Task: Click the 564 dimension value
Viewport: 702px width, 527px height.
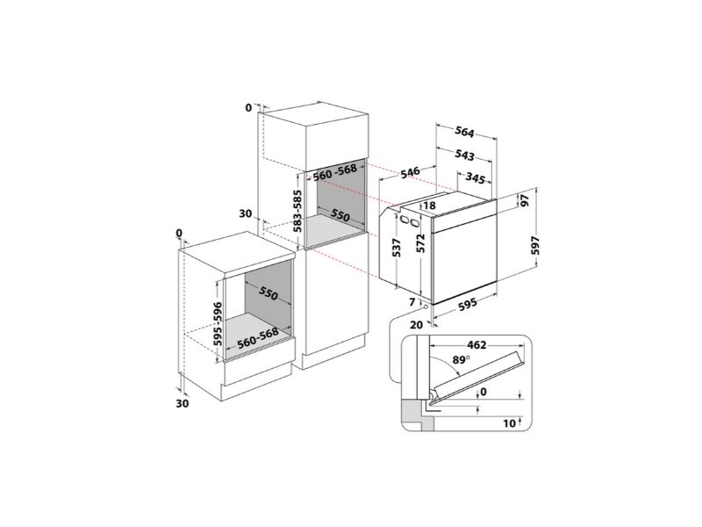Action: [x=464, y=134]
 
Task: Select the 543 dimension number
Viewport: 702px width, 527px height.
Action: [x=465, y=155]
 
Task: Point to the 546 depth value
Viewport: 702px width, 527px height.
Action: [x=410, y=172]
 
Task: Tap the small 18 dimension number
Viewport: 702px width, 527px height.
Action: [x=429, y=206]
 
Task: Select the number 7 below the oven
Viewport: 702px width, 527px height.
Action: [x=411, y=302]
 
